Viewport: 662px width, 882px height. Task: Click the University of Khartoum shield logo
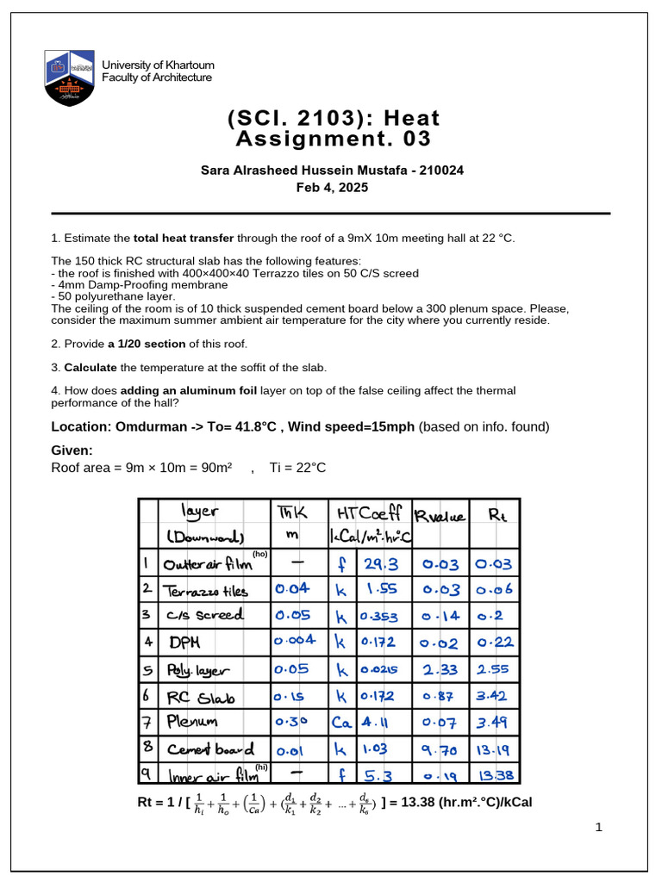pos(70,77)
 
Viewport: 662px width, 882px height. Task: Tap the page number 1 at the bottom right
pos(598,828)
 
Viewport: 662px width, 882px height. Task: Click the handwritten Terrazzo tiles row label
pos(207,591)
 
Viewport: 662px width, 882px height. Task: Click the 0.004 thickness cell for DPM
pos(295,641)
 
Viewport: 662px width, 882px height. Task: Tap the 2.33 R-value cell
pos(440,668)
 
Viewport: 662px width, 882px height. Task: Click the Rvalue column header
pos(440,517)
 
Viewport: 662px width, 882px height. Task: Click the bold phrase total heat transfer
pos(184,238)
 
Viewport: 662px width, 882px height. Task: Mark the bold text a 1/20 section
pos(147,344)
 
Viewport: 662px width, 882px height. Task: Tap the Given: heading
pos(72,450)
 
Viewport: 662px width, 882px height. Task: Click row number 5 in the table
pos(147,668)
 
